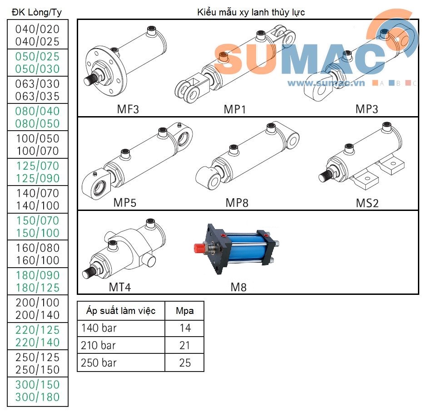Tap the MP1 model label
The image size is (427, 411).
[235, 109]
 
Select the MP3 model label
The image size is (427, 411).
[367, 109]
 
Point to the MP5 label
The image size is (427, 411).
[124, 203]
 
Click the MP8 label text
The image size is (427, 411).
[237, 203]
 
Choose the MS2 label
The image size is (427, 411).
[367, 203]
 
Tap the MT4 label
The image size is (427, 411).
[120, 287]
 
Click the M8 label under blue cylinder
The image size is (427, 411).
[238, 287]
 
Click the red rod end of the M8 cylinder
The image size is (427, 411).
[198, 248]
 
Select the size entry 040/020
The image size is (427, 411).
[37, 29]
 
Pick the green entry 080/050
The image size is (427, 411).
[37, 124]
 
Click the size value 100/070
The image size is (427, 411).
[37, 151]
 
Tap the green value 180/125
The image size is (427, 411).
[37, 288]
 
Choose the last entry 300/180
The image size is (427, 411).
[37, 397]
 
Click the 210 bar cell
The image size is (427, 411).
[99, 346]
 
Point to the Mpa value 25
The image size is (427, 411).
[185, 363]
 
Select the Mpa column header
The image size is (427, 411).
[185, 311]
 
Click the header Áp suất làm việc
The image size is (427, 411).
[121, 311]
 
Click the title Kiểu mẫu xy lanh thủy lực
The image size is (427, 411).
[251, 12]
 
